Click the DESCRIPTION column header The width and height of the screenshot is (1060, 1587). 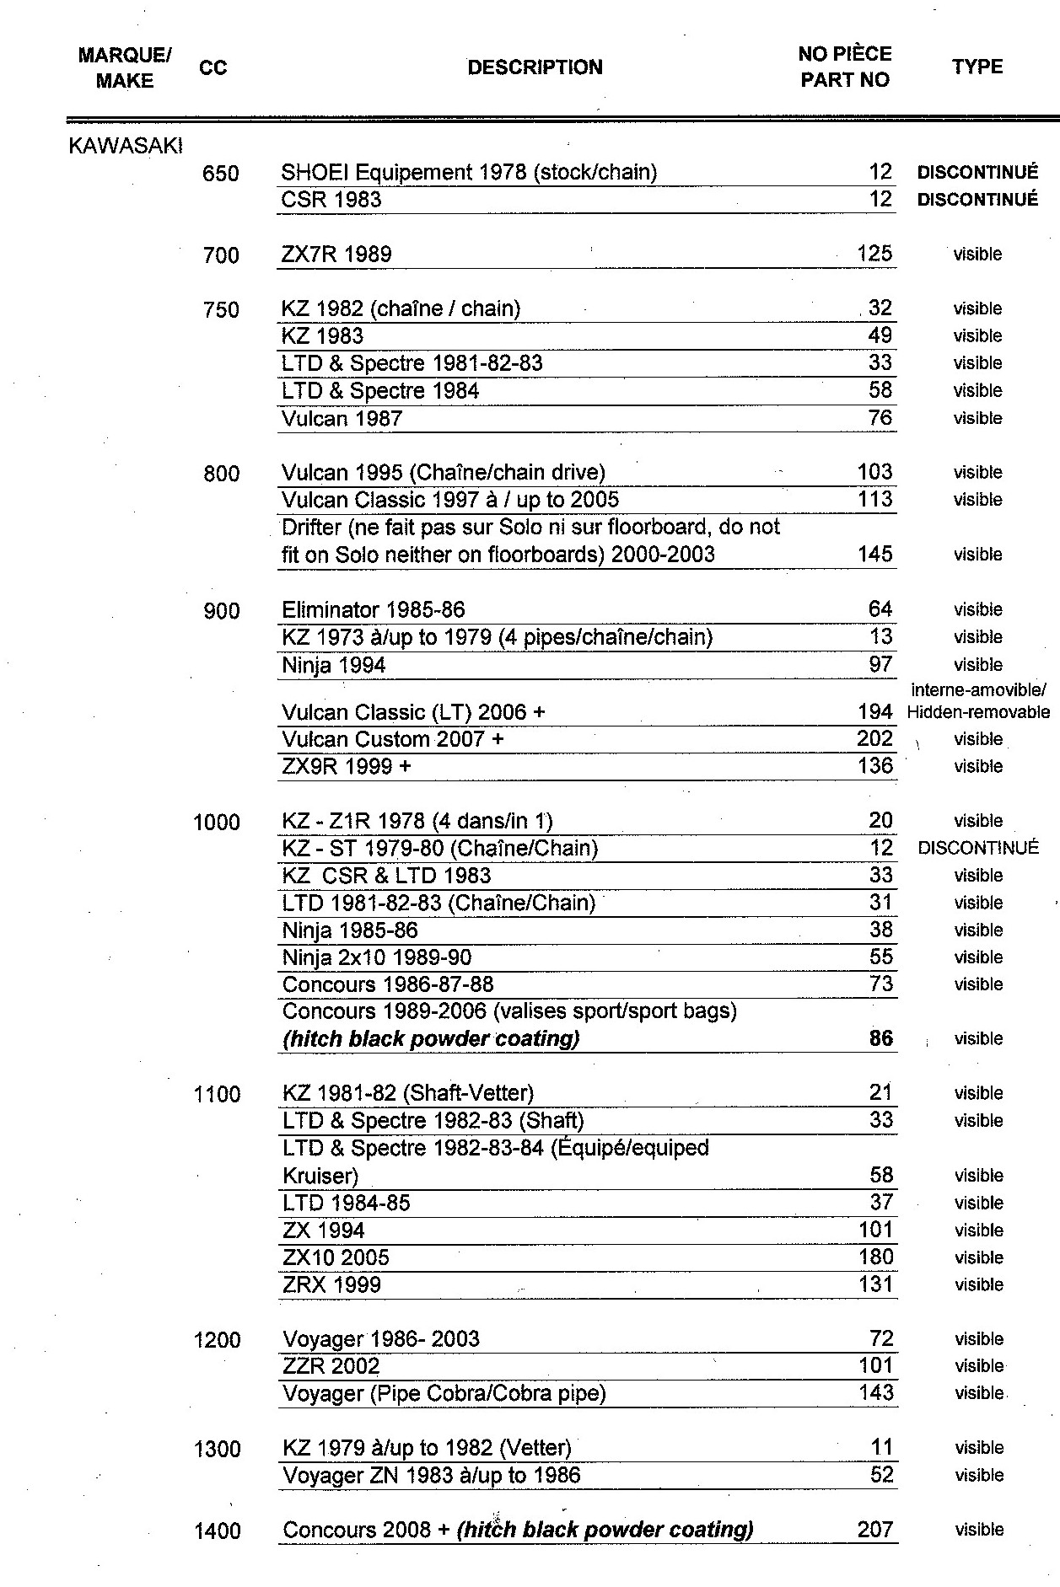[535, 67]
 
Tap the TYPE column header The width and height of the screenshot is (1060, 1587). [977, 67]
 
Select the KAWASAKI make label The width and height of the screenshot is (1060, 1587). [125, 146]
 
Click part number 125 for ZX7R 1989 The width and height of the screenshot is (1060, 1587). [874, 254]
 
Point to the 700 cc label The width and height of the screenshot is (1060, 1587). [221, 255]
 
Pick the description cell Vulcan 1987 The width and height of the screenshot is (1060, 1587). [342, 418]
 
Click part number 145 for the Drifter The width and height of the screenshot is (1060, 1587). [874, 554]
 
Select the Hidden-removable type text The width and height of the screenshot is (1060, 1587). [978, 712]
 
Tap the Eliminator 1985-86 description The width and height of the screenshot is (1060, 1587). [374, 609]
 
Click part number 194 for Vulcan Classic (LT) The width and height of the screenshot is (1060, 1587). [874, 712]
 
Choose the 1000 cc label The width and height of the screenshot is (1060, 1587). [217, 822]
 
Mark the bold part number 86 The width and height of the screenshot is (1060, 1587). [880, 1038]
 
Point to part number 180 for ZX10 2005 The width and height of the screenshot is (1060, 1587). [875, 1257]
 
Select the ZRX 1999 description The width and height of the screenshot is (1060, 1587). [332, 1284]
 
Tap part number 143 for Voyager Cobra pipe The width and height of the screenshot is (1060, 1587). [875, 1393]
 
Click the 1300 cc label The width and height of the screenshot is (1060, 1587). [218, 1449]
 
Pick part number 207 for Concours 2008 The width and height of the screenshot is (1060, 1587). [875, 1529]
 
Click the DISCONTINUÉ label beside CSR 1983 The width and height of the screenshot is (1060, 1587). [977, 200]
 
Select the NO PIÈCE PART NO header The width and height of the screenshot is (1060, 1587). [845, 67]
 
